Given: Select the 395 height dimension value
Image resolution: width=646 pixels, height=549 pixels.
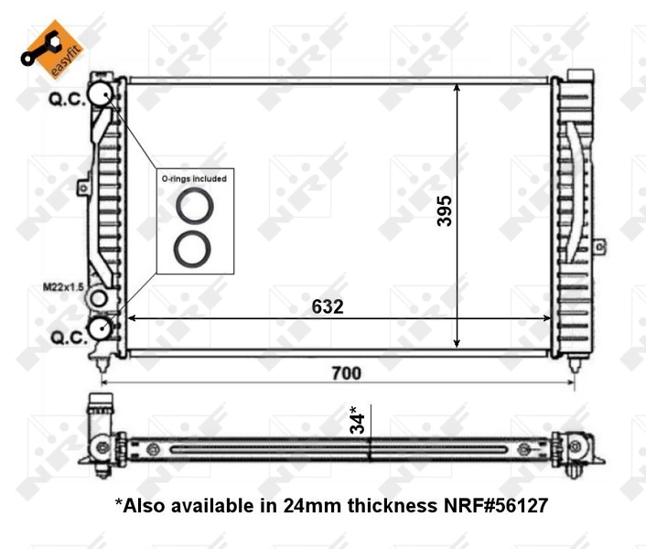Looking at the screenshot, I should pos(444,211).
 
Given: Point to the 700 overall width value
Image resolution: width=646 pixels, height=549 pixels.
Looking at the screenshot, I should pos(346,372).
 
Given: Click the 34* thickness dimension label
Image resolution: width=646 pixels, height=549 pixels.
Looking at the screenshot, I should pos(360,420).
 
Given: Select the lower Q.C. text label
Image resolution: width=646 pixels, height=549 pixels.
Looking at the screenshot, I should pos(66,338).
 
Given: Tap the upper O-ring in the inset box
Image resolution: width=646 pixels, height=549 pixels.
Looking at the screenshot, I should pos(194,206).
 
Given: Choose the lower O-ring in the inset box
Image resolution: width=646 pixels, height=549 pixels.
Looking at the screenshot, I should pos(194,248).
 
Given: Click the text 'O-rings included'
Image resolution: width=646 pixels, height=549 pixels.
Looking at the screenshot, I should pos(194,178).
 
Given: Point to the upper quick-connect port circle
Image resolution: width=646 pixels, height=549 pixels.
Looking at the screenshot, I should pos(101,92).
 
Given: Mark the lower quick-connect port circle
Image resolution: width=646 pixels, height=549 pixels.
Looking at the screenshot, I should pos(100,328).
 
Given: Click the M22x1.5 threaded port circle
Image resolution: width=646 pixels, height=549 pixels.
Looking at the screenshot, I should pos(99,299).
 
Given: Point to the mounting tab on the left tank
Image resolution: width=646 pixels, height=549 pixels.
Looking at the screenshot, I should pos(82,188).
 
